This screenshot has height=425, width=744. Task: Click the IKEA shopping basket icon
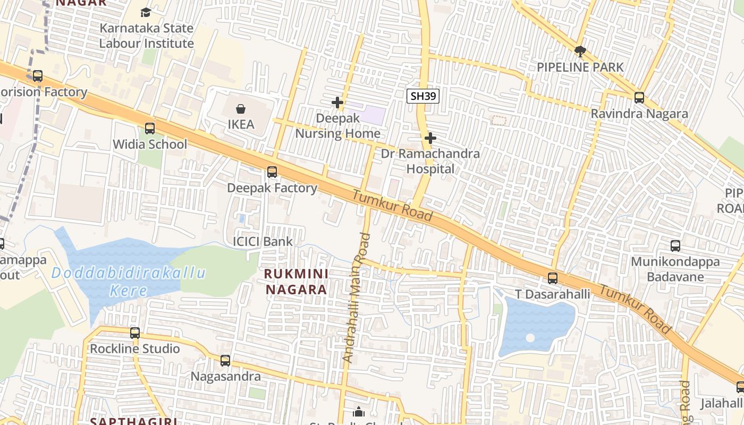tap(241, 109)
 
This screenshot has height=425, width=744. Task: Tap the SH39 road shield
tap(423, 96)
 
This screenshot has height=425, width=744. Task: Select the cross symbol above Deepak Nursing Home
tap(337, 102)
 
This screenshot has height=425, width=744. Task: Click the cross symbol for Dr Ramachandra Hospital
tap(430, 139)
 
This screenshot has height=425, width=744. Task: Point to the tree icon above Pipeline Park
tap(580, 52)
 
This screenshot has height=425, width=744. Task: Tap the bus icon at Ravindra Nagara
tap(639, 98)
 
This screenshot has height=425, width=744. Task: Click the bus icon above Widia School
tap(150, 128)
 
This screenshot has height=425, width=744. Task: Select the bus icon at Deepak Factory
tap(272, 172)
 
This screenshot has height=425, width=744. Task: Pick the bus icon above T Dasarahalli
tap(553, 278)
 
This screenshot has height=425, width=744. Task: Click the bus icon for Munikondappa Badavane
tap(675, 246)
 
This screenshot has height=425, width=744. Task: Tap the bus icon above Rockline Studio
tap(135, 333)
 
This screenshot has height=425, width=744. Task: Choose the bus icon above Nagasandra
tap(225, 361)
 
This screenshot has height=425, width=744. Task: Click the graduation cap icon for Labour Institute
tap(146, 12)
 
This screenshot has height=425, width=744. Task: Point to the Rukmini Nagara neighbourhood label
tap(296, 282)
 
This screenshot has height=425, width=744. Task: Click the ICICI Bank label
tap(263, 242)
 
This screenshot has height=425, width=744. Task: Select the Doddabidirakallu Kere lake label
tap(129, 282)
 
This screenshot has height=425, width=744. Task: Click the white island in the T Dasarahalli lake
tap(530, 338)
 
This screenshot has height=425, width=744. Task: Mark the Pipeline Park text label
tap(580, 67)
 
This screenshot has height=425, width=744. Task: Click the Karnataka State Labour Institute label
tap(146, 36)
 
